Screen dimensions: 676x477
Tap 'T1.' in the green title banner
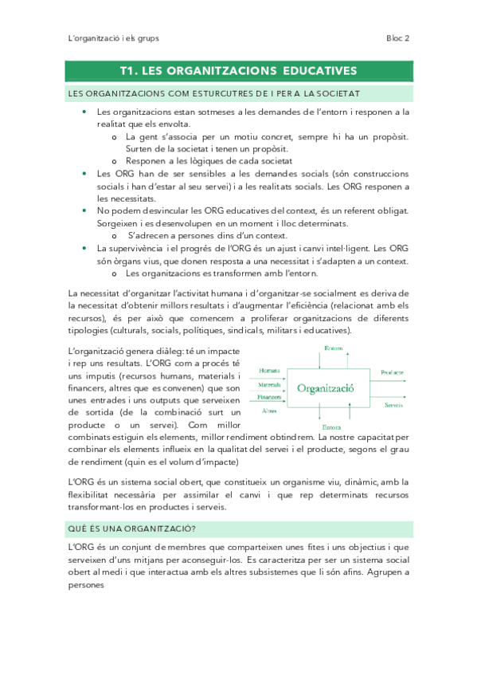130,71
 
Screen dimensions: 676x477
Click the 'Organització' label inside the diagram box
325,388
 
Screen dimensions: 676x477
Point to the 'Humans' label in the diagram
269,371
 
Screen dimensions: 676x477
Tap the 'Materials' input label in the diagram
270,384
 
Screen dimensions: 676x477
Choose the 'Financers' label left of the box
270,396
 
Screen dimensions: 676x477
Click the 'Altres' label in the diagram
269,411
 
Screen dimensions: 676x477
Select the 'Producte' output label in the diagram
392,372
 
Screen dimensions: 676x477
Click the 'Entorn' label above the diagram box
334,348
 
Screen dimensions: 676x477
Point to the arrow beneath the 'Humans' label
271,377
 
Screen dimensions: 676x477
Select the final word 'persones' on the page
87,584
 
